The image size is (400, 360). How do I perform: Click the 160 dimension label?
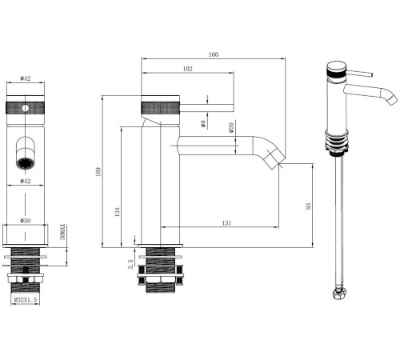214,54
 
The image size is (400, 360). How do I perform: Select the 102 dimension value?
187,69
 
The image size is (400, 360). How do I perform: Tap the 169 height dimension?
98,172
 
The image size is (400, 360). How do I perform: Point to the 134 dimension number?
118,212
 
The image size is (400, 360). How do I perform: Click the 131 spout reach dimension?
226,223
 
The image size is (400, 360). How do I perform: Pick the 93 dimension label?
309,206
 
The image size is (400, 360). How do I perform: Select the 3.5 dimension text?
130,264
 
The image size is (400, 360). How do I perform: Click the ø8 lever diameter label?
203,124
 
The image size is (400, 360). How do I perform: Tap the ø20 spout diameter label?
231,128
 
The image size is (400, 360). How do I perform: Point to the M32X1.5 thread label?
26,300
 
